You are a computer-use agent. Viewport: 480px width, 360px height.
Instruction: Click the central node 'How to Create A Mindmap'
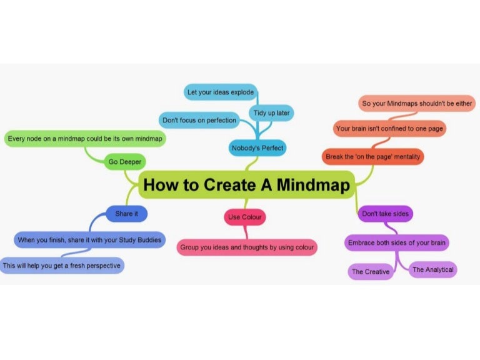pyautogui.click(x=246, y=185)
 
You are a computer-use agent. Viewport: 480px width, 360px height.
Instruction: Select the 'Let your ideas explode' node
pyautogui.click(x=221, y=92)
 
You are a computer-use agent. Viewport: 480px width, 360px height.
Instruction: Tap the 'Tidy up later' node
pyautogui.click(x=271, y=112)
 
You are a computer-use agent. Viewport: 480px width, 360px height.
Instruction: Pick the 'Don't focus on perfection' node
pyautogui.click(x=199, y=119)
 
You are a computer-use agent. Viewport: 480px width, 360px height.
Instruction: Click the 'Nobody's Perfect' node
pyautogui.click(x=257, y=148)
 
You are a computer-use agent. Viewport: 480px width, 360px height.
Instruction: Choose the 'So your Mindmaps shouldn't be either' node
pyautogui.click(x=418, y=103)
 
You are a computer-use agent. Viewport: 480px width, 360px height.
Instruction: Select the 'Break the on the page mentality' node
pyautogui.click(x=373, y=156)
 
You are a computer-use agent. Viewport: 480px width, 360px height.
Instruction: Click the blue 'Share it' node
pyautogui.click(x=126, y=214)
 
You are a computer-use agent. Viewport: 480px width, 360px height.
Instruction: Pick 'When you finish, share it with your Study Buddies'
pyautogui.click(x=89, y=239)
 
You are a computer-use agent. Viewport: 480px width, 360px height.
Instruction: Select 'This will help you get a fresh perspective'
pyautogui.click(x=61, y=266)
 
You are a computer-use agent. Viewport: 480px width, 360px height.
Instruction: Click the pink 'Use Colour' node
pyautogui.click(x=246, y=217)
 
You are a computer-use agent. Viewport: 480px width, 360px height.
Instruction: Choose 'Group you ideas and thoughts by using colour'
pyautogui.click(x=247, y=247)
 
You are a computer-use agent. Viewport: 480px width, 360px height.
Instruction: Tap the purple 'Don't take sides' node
pyautogui.click(x=385, y=214)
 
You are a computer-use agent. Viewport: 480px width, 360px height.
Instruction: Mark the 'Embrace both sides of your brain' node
pyautogui.click(x=398, y=242)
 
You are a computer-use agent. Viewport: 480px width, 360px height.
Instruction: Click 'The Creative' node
pyautogui.click(x=371, y=272)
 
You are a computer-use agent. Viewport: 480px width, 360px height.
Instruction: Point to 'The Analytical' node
pyautogui.click(x=432, y=270)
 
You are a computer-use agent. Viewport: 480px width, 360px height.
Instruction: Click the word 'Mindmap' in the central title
pyautogui.click(x=310, y=185)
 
